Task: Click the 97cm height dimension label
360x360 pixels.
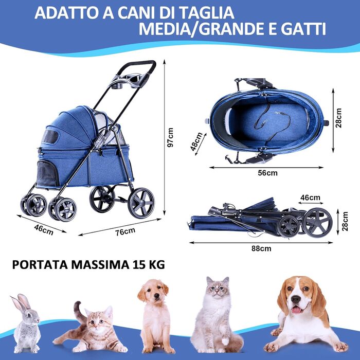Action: (x=170, y=137)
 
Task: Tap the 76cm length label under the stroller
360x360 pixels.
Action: (x=125, y=231)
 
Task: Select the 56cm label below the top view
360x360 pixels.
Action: (x=267, y=173)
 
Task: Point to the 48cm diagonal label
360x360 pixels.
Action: (x=196, y=141)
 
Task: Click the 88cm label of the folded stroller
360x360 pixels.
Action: (x=261, y=248)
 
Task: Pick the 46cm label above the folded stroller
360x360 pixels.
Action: (x=311, y=197)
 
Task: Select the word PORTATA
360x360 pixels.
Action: (x=40, y=265)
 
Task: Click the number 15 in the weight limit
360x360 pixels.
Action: (x=139, y=265)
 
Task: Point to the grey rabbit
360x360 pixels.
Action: (x=26, y=323)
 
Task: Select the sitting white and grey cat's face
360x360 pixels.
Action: (x=218, y=289)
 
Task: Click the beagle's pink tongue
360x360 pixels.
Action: (x=296, y=310)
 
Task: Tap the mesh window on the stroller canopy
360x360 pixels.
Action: (x=50, y=137)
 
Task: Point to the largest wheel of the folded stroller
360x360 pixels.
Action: (x=317, y=223)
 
